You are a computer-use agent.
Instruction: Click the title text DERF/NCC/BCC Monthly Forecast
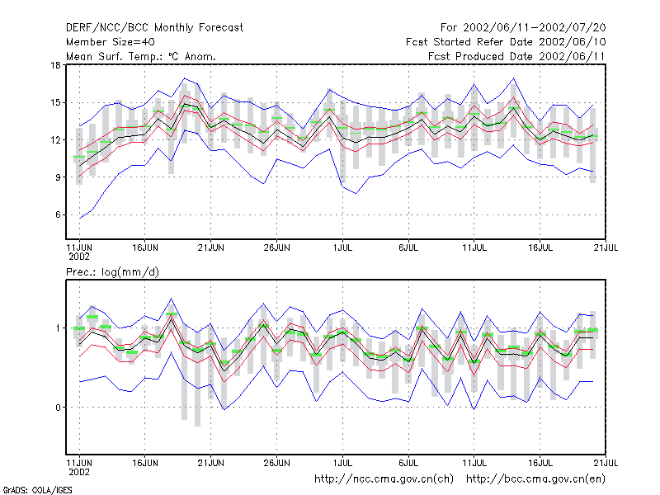(154, 28)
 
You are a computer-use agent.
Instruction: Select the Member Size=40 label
(111, 42)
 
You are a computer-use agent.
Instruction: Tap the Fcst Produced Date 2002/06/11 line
(516, 56)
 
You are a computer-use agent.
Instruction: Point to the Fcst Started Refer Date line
(506, 42)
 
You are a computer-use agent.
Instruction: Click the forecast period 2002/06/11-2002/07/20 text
(534, 28)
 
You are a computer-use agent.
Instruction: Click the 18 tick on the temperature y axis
(55, 65)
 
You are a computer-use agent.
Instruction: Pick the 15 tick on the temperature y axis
(55, 102)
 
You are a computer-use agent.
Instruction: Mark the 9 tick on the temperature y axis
(58, 177)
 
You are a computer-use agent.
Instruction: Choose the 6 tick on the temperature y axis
(58, 214)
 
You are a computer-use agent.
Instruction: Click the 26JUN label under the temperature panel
(276, 248)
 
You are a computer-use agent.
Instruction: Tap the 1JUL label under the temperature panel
(342, 248)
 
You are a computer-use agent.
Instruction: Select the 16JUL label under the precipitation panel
(540, 463)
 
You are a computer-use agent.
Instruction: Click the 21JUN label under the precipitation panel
(211, 463)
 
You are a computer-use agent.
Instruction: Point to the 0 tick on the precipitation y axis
(58, 408)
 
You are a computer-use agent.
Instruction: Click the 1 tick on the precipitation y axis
(59, 328)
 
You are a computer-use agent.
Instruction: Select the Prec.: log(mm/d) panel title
(112, 272)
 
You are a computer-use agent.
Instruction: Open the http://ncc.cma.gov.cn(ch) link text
(384, 479)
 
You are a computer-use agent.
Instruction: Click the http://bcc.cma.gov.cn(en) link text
(535, 479)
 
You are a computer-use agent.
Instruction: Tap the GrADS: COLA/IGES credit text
(37, 490)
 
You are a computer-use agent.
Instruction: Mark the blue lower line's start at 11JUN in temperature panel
(79, 218)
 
